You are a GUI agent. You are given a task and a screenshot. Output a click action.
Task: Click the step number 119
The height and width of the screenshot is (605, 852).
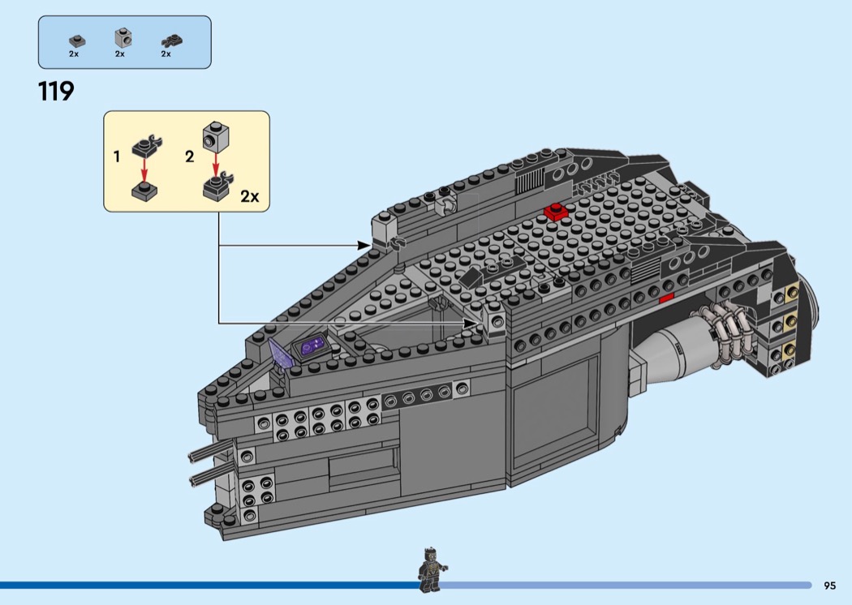click(x=56, y=91)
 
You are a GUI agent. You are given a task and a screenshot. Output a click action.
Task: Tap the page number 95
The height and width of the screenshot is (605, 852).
click(x=829, y=586)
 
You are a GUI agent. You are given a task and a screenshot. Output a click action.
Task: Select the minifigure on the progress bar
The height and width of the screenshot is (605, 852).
click(x=430, y=569)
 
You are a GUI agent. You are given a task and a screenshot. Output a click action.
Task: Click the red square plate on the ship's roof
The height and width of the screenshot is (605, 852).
click(x=557, y=211)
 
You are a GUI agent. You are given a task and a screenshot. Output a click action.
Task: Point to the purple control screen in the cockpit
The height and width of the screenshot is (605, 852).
click(x=311, y=348)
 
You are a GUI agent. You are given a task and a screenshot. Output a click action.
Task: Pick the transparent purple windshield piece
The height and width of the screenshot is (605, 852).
click(x=281, y=354)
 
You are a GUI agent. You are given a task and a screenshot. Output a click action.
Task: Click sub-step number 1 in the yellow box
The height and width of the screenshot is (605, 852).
click(x=117, y=157)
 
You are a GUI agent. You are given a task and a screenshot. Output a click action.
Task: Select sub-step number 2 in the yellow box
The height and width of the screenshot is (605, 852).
click(x=189, y=157)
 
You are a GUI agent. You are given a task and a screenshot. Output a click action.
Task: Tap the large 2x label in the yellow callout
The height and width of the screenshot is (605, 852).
click(x=249, y=196)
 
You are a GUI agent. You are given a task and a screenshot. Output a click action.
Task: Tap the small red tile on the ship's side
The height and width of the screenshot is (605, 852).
click(x=666, y=298)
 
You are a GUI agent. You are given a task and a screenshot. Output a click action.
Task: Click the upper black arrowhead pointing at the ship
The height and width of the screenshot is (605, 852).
click(x=365, y=244)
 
